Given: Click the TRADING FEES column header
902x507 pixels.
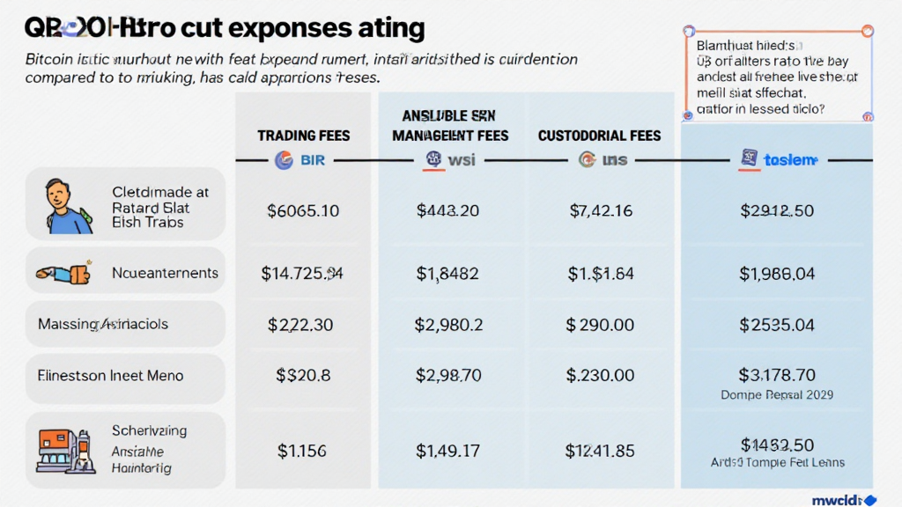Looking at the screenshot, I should coord(303,136).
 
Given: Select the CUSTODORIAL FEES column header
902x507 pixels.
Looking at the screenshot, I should coord(599,136).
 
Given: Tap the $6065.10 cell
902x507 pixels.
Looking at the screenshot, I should coord(303,210).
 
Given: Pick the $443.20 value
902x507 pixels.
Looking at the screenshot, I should coord(447,210).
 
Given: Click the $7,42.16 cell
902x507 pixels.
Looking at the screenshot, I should coord(601,210).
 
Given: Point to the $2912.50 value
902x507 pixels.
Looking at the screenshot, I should coord(777,210).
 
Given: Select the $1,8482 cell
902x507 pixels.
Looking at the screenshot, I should coord(447,274).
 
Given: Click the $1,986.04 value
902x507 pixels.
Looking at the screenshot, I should coord(777,274).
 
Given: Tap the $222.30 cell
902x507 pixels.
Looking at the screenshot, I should coord(300,325).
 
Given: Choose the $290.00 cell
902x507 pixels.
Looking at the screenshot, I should coord(601,325).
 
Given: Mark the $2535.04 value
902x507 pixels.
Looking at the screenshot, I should coord(777,325).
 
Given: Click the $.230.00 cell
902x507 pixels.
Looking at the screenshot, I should coord(601,376).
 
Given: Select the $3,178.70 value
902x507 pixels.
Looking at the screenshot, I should coord(777,376).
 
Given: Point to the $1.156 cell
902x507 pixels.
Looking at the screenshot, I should coord(302,451).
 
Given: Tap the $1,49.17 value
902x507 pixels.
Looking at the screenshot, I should coord(447,451).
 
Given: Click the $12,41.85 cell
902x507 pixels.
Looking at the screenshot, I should coord(601,451).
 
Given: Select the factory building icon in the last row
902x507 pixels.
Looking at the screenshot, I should coord(64,450).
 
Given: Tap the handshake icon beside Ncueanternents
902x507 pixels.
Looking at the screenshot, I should coord(64,274).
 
